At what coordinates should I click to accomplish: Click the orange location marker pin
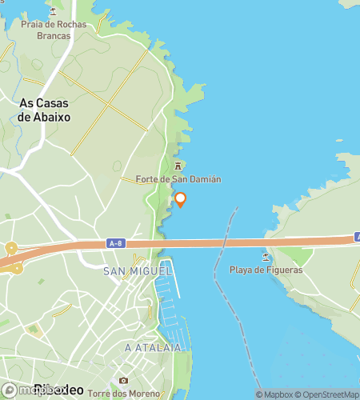click(x=181, y=199)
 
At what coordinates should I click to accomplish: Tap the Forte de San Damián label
click(x=178, y=179)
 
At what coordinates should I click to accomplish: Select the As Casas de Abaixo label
click(x=44, y=110)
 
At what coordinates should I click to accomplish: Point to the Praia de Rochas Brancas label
click(x=54, y=30)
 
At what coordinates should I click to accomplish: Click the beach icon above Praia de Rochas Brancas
click(x=54, y=12)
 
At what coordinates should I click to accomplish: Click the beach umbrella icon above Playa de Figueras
click(x=266, y=257)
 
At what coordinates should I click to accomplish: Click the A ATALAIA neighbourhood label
click(x=149, y=348)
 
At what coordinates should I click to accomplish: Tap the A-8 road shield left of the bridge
click(x=115, y=242)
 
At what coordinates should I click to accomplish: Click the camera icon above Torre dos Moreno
click(x=122, y=380)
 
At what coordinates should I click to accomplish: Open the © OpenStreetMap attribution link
click(x=328, y=394)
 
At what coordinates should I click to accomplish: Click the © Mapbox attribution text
click(x=275, y=394)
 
